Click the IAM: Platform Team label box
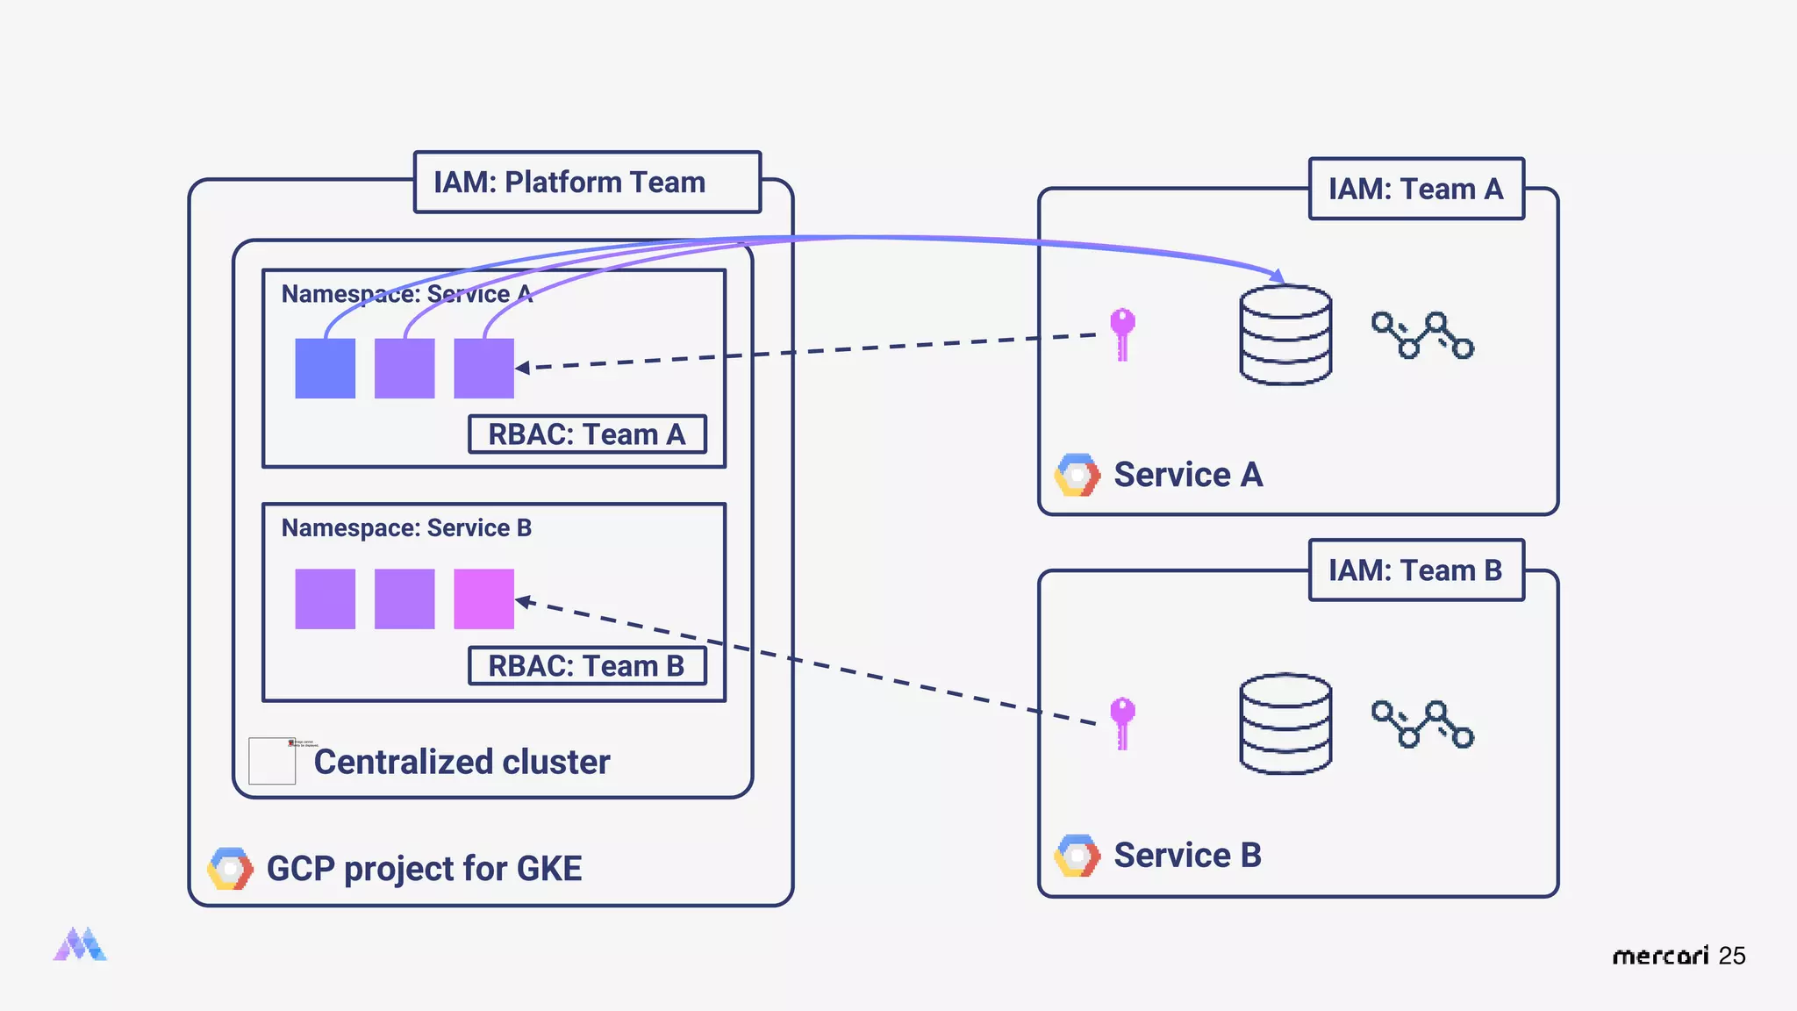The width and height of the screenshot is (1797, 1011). click(x=587, y=182)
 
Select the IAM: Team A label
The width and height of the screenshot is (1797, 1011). click(x=1415, y=189)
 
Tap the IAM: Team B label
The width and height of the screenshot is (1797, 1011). click(x=1415, y=570)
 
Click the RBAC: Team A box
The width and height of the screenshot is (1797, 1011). click(x=587, y=434)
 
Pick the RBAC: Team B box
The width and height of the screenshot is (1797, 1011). click(x=587, y=666)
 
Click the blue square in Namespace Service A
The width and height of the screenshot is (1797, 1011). click(x=325, y=369)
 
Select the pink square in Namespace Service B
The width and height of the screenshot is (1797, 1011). click(x=483, y=599)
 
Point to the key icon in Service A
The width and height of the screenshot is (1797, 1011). click(x=1122, y=333)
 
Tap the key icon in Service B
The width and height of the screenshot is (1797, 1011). click(x=1122, y=722)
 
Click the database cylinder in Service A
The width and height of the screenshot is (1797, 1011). click(x=1285, y=335)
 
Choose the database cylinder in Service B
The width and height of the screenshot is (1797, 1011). click(x=1285, y=724)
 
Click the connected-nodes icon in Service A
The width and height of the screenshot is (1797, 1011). click(x=1422, y=335)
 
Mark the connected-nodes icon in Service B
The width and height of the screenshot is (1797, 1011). click(x=1422, y=724)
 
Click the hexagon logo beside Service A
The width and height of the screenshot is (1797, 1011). click(x=1077, y=475)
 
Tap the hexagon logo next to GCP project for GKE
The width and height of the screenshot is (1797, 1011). click(x=230, y=869)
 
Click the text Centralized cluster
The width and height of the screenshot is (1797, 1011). click(x=462, y=762)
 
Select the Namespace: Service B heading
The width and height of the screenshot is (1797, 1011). click(x=406, y=528)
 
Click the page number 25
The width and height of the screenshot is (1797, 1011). click(x=1732, y=956)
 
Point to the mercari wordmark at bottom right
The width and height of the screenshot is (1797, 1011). click(x=1660, y=956)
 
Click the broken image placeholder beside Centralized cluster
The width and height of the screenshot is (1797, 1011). click(x=273, y=760)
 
